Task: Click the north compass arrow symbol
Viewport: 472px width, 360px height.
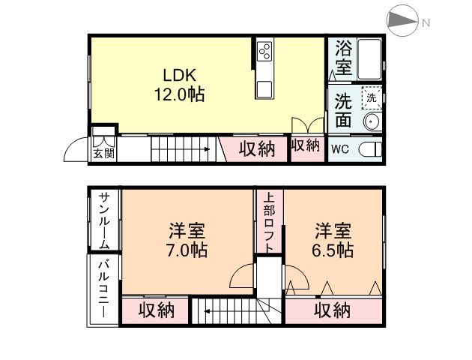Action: (405, 22)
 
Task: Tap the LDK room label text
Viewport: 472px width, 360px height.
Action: (181, 76)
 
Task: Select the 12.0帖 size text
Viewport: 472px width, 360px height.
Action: (181, 95)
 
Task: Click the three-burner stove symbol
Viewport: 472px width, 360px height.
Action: (264, 50)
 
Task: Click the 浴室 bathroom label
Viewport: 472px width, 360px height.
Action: (343, 57)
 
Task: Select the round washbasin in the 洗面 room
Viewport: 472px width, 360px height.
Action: (370, 121)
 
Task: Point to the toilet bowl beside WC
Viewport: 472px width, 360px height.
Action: (369, 148)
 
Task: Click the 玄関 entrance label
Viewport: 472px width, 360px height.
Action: (103, 154)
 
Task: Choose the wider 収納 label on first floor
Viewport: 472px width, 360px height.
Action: (257, 148)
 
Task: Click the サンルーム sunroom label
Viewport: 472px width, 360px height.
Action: (104, 220)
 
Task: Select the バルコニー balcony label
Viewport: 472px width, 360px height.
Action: (104, 290)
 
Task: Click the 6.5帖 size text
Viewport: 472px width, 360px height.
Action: (334, 250)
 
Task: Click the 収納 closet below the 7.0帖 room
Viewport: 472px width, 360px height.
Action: (156, 310)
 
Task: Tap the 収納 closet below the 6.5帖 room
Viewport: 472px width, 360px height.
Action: (333, 310)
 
